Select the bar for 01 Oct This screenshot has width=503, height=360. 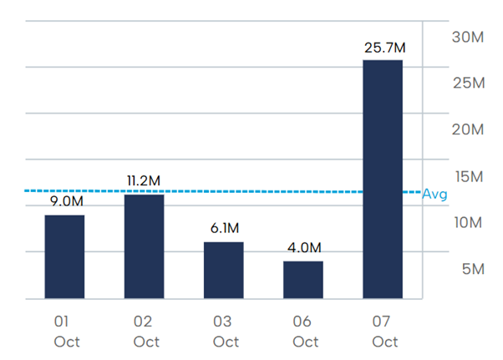(x=64, y=256)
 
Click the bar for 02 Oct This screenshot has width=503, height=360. (x=145, y=246)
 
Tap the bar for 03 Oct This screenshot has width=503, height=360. (x=224, y=270)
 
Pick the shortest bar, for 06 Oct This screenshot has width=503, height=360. (x=303, y=280)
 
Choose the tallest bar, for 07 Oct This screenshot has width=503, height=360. (x=384, y=179)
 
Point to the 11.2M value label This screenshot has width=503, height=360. (x=145, y=180)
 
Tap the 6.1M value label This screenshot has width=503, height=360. (x=224, y=228)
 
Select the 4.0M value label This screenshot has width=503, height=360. (x=303, y=247)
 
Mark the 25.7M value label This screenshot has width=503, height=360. (x=384, y=46)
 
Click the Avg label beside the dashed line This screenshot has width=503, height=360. (x=434, y=194)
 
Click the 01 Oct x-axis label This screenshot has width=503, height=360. (x=66, y=331)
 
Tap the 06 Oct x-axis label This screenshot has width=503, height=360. (x=305, y=331)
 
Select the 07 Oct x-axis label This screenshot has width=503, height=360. (x=385, y=331)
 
